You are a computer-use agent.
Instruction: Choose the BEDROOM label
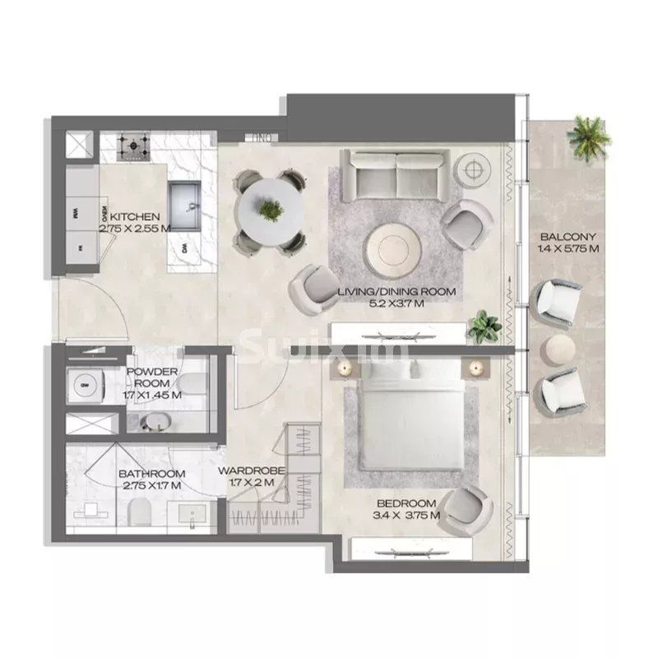pos(406,503)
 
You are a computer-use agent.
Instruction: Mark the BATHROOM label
pos(151,474)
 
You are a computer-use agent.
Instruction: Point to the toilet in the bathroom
pos(141,514)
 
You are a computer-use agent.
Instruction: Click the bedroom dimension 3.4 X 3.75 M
pos(406,515)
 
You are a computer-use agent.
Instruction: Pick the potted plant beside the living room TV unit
pos(485,325)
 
